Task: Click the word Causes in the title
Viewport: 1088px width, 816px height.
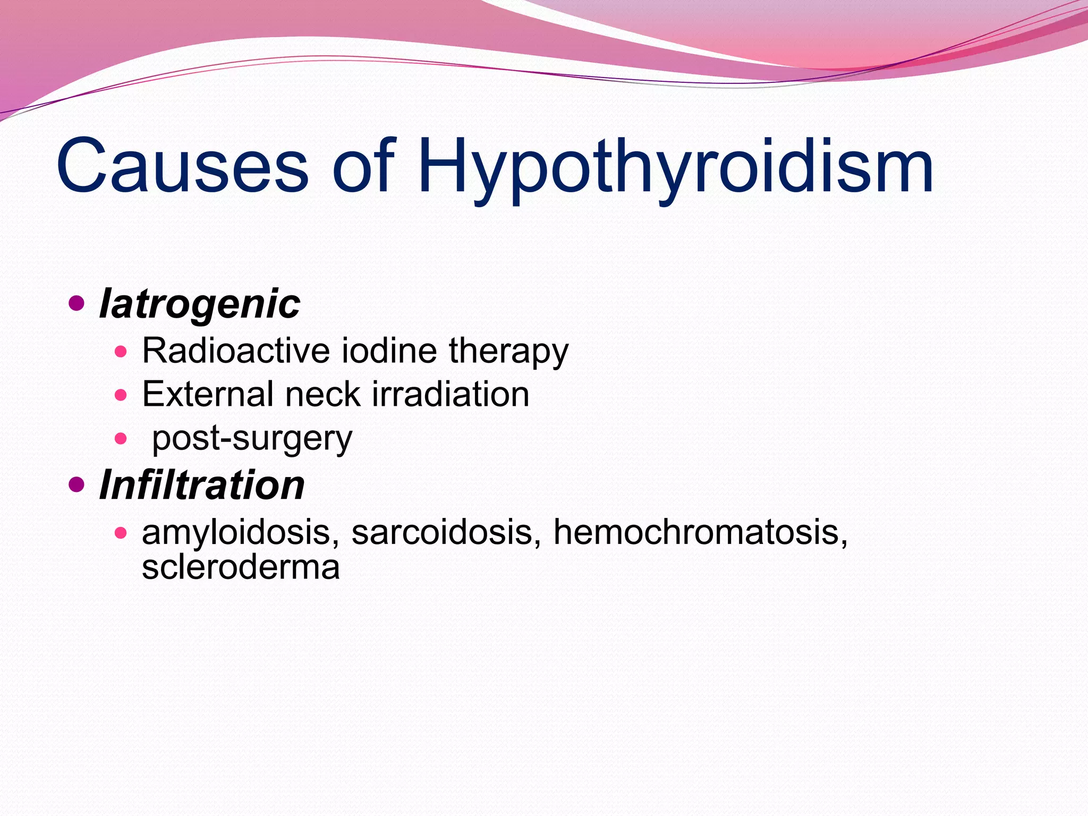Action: click(x=182, y=166)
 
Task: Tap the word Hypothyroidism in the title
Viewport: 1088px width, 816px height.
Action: click(x=675, y=169)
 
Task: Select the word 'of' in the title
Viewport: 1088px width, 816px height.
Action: click(x=364, y=166)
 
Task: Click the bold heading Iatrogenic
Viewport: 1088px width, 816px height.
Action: click(x=200, y=305)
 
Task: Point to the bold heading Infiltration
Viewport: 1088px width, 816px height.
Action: click(x=202, y=486)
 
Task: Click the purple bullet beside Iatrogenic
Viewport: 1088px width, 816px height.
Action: click(x=77, y=304)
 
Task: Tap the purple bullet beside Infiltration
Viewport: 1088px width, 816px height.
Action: click(x=77, y=484)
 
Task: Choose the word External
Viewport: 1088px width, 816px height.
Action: click(x=207, y=395)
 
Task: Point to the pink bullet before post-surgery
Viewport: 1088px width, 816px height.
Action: click(x=121, y=439)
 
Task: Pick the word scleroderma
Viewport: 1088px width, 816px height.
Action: click(x=241, y=567)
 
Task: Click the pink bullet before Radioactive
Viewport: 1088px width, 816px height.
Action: click(x=121, y=351)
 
